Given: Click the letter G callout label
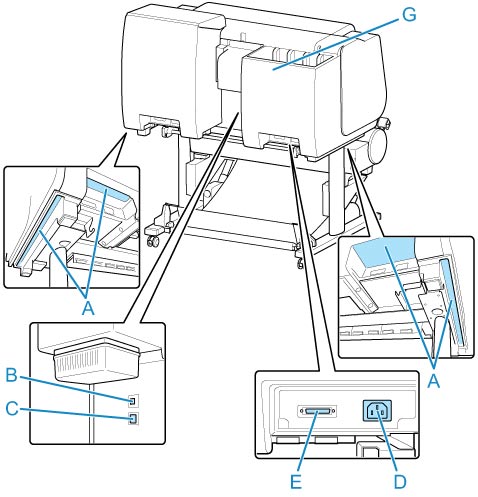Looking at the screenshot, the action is coord(408,15).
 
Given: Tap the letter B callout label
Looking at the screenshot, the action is coord(12,375).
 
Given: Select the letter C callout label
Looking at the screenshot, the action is coord(12,408).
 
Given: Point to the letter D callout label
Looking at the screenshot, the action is coord(400,481).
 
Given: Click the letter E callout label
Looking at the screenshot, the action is coord(296,481).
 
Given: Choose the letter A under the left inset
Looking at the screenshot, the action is coord(88,309).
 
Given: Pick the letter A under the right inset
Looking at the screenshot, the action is coord(434,380).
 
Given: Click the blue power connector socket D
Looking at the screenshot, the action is coord(377,411).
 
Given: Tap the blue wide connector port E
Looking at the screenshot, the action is coord(317,412).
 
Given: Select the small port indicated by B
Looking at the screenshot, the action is coord(133,401).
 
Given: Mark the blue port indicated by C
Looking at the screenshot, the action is coord(133,419).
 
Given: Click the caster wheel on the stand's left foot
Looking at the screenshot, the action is coord(154,241).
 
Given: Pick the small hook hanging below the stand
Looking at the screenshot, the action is coord(299,263).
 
